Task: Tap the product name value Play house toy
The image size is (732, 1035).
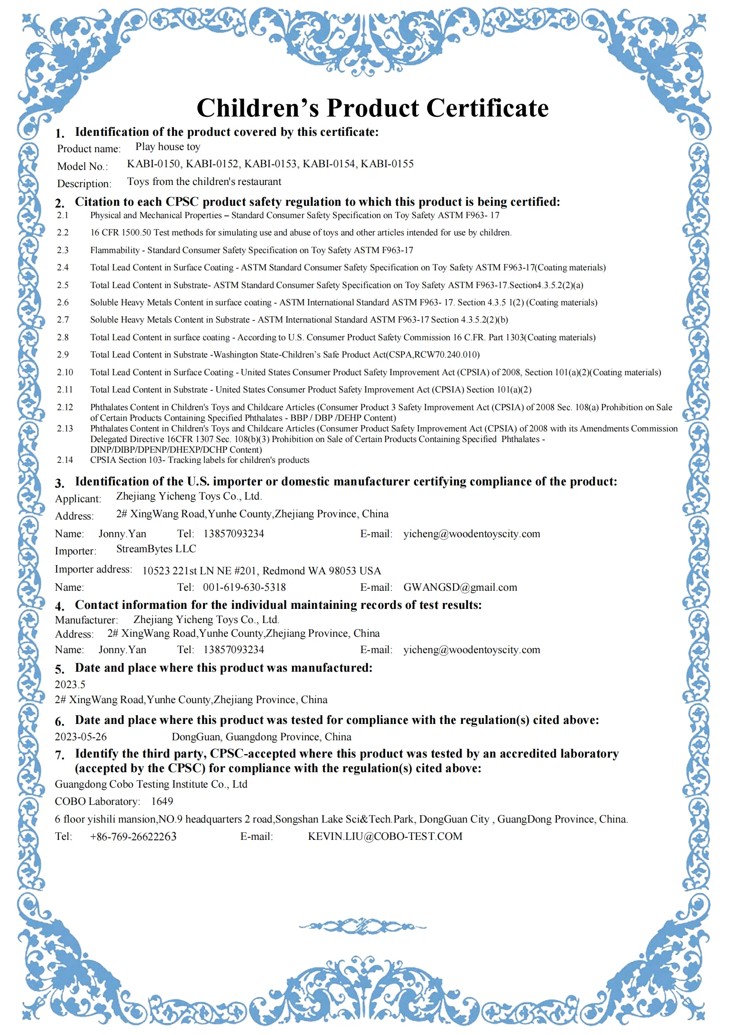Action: click(168, 147)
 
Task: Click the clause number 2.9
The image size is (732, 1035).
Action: click(63, 355)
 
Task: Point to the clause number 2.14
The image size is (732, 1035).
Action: click(65, 460)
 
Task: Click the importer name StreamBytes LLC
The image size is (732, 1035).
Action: click(156, 549)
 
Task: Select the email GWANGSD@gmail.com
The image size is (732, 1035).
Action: click(460, 587)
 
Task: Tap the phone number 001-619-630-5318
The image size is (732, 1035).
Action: click(244, 587)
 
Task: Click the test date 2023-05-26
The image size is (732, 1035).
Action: click(81, 737)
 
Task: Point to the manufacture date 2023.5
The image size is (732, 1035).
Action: click(70, 684)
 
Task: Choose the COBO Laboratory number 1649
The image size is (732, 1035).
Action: click(162, 801)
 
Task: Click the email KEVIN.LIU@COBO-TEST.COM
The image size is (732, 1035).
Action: click(385, 836)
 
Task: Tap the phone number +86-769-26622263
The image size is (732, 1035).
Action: click(133, 837)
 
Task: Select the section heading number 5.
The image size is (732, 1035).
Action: click(59, 669)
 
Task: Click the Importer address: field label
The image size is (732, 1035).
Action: click(93, 569)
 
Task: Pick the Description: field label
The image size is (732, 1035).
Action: click(84, 184)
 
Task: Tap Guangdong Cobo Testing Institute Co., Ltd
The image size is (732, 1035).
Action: click(151, 785)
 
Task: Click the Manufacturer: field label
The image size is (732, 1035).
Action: click(86, 620)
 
